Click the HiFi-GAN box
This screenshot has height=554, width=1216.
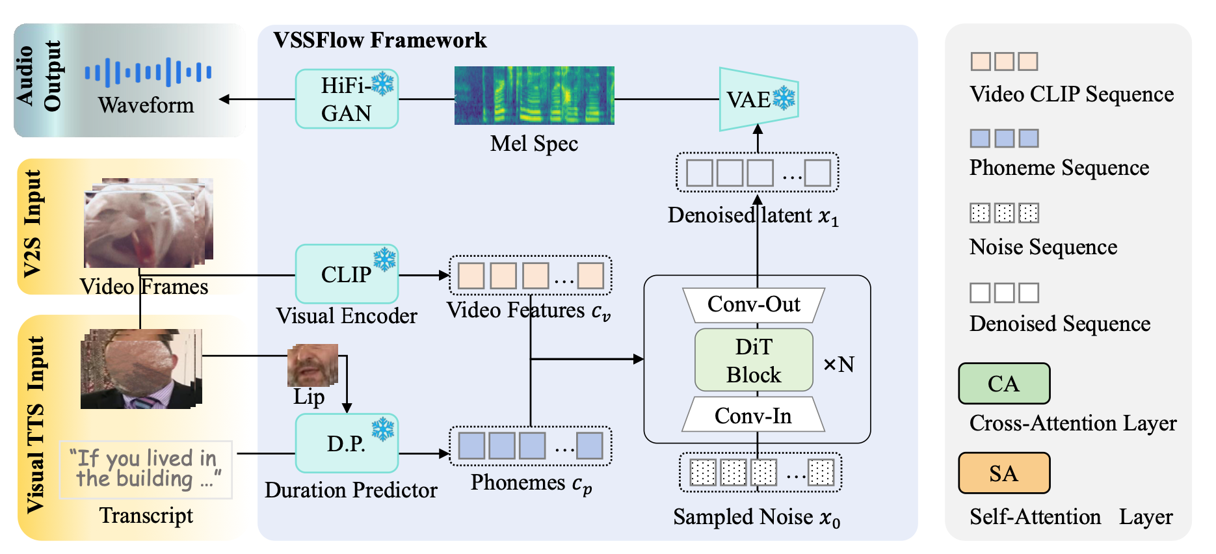347,99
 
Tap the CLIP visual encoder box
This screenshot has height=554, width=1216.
347,274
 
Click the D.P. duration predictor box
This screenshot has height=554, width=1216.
347,443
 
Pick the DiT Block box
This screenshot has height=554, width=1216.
754,360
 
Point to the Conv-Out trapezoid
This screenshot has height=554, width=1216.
754,304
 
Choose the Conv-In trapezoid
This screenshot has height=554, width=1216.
754,415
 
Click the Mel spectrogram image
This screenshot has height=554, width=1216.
534,95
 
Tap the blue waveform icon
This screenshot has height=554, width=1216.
148,72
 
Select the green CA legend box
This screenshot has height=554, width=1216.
1003,384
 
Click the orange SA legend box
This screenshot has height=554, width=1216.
1003,473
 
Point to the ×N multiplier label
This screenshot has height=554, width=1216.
839,364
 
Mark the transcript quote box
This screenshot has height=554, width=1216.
146,469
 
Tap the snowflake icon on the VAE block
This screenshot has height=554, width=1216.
784,98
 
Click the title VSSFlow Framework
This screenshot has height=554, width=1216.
380,40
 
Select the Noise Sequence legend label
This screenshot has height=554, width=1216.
1043,247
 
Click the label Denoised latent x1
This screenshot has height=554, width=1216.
753,216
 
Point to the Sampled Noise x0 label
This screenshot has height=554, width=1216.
756,518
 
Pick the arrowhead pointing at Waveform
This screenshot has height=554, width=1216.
224,99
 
